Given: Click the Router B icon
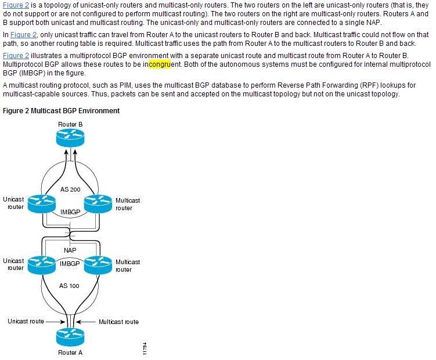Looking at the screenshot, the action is pyautogui.click(x=70, y=138).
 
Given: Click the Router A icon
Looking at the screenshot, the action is pyautogui.click(x=70, y=337).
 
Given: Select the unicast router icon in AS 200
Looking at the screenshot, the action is pyautogui.click(x=42, y=204).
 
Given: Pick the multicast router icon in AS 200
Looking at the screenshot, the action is pyautogui.click(x=98, y=204).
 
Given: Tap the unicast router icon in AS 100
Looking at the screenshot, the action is pyautogui.click(x=42, y=265).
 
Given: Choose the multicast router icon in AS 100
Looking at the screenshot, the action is pyautogui.click(x=98, y=265).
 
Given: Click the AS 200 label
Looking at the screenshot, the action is pyautogui.click(x=70, y=189).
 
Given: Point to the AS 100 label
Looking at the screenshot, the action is pyautogui.click(x=69, y=286).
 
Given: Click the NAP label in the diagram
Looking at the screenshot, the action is pyautogui.click(x=70, y=250).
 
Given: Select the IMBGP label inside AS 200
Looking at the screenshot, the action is pyautogui.click(x=70, y=212).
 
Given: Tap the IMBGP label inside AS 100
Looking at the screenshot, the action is pyautogui.click(x=70, y=264).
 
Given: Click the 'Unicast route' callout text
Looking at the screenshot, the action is pyautogui.click(x=26, y=321).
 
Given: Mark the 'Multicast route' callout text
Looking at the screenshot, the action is pyautogui.click(x=119, y=322).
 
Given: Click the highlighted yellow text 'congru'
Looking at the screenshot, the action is pyautogui.click(x=160, y=64).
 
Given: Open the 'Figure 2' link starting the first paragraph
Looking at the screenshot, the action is pyautogui.click(x=16, y=5).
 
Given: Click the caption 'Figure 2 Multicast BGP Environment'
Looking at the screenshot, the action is pyautogui.click(x=61, y=111).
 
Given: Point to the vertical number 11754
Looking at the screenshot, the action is pyautogui.click(x=145, y=348).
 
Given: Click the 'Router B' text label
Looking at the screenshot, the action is pyautogui.click(x=70, y=124).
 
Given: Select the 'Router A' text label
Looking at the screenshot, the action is pyautogui.click(x=70, y=352).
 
